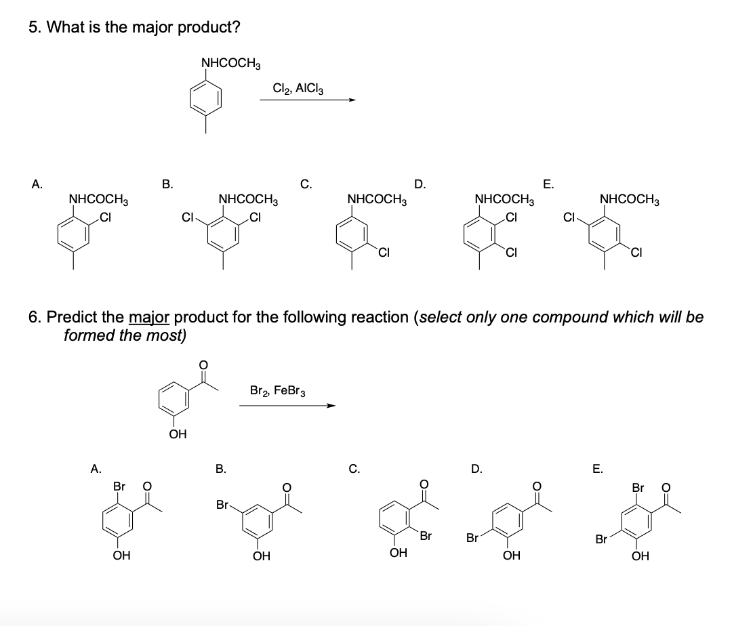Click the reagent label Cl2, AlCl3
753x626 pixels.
(x=298, y=89)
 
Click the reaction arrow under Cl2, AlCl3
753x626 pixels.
(x=308, y=100)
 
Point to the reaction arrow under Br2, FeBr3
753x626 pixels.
(x=287, y=406)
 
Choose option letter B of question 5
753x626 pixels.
(x=167, y=182)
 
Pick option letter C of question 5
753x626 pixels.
(x=306, y=182)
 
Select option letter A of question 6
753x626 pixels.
(x=97, y=467)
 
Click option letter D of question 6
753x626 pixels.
(x=477, y=467)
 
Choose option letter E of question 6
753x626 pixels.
(x=596, y=467)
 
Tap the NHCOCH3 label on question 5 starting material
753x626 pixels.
(x=231, y=64)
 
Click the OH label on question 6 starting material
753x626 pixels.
(x=178, y=433)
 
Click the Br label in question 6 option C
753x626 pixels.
(x=426, y=537)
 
